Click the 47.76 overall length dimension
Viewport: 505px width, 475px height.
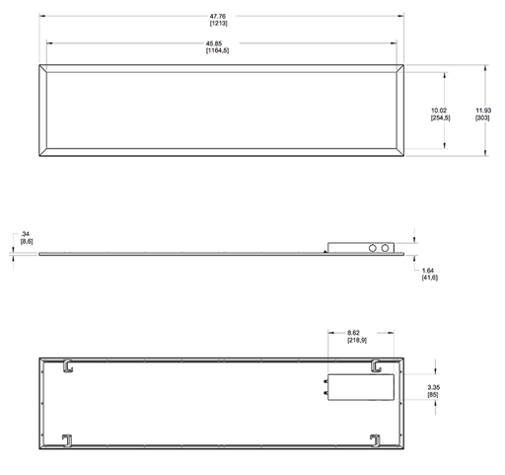point(218,16)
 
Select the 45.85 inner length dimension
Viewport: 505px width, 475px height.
point(214,43)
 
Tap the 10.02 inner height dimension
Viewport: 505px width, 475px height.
point(439,111)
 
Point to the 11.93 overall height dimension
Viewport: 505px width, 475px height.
point(483,111)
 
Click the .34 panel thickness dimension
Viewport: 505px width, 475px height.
point(25,234)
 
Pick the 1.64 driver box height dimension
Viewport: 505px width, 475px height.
point(428,271)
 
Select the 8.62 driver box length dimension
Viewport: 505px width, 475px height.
point(353,333)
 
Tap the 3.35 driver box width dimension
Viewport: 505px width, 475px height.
point(434,387)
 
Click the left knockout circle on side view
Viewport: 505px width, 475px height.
point(373,248)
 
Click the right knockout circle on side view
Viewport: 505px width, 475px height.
point(385,248)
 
